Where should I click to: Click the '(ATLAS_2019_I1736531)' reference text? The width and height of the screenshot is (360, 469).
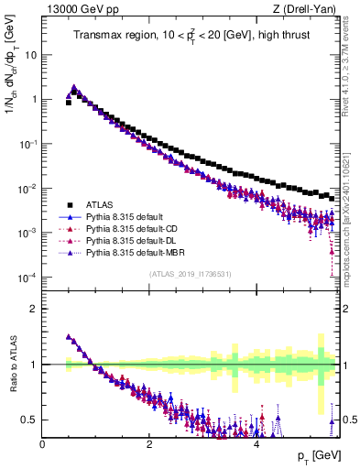[x=191, y=274]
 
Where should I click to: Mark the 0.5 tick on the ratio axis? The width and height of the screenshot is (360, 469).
[x=29, y=420]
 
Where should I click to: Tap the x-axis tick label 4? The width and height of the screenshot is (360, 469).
[x=256, y=444]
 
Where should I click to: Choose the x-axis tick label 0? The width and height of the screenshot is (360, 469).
[x=42, y=444]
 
